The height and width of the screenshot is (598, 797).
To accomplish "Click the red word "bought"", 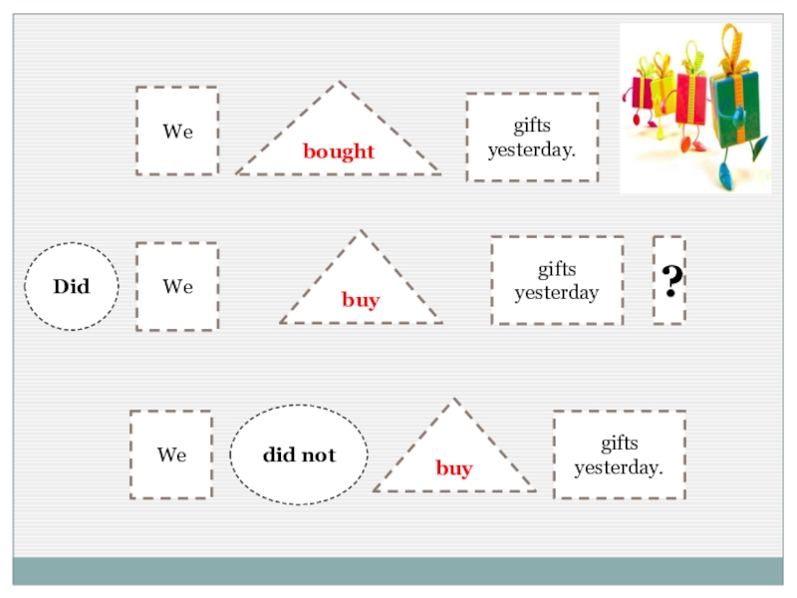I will point(339,151).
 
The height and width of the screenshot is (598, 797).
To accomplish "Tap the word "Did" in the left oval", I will point(72,287).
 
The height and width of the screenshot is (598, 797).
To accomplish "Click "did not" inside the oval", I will point(299,455).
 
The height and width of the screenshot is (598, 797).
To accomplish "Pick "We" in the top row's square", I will point(178,132).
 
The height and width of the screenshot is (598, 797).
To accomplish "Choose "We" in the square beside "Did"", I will point(178,287).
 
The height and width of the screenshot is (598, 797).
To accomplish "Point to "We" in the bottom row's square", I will point(171,455).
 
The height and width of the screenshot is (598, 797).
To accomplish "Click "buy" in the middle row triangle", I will point(361,300).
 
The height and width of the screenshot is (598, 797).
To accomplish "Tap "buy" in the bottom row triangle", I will point(454,468).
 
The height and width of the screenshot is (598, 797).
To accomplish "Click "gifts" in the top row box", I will point(532,127).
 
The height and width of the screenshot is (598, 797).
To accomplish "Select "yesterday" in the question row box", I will point(556,293).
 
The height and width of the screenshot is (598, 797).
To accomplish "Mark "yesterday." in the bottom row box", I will point(619,466).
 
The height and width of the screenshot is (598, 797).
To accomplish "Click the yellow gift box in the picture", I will point(663,95).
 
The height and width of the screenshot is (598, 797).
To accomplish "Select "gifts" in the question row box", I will point(557,270).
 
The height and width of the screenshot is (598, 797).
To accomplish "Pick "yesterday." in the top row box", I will point(532,150).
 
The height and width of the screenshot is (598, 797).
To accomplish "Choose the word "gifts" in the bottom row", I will point(619,444).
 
